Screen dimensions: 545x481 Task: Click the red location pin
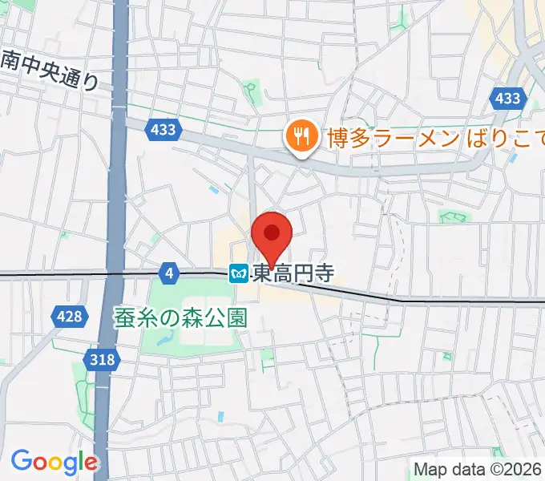tap(272, 235)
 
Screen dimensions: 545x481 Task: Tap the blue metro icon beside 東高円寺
tap(240, 274)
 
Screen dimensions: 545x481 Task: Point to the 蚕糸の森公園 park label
tap(180, 317)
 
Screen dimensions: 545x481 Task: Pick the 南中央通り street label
tap(50, 71)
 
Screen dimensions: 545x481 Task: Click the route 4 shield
tap(168, 274)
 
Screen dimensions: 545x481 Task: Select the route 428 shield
tap(70, 317)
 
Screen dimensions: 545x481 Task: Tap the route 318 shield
tap(103, 360)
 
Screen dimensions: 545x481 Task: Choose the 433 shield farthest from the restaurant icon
tap(507, 99)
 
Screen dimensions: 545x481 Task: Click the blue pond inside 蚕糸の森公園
tap(166, 341)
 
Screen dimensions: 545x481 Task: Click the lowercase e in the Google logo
tap(91, 463)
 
